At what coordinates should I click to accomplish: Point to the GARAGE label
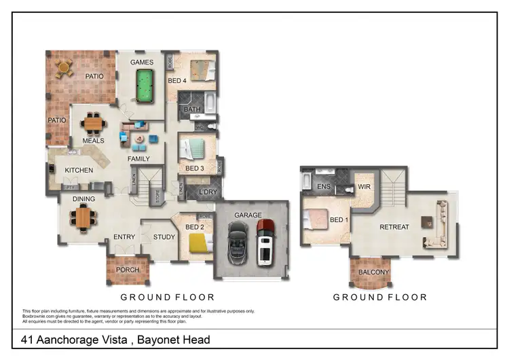point(248,215)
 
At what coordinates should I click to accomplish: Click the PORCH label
point(128,270)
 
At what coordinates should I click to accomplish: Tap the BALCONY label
point(373,272)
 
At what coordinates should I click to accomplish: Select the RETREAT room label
point(394,227)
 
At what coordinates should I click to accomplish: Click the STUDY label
point(164,237)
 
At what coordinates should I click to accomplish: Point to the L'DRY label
point(207,192)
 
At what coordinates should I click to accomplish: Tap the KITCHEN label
point(79,170)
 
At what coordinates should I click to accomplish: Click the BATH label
point(193,109)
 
